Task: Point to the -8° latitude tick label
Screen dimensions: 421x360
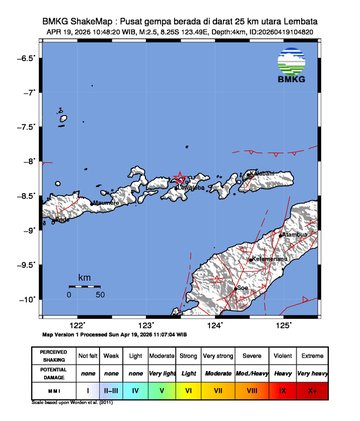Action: pos(33,161)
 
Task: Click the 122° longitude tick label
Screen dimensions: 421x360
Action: pos(77,325)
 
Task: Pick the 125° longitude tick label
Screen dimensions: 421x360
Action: pos(284,325)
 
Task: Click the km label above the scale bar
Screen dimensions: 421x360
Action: pos(85,276)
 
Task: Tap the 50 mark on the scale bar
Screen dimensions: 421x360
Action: pos(100,295)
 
